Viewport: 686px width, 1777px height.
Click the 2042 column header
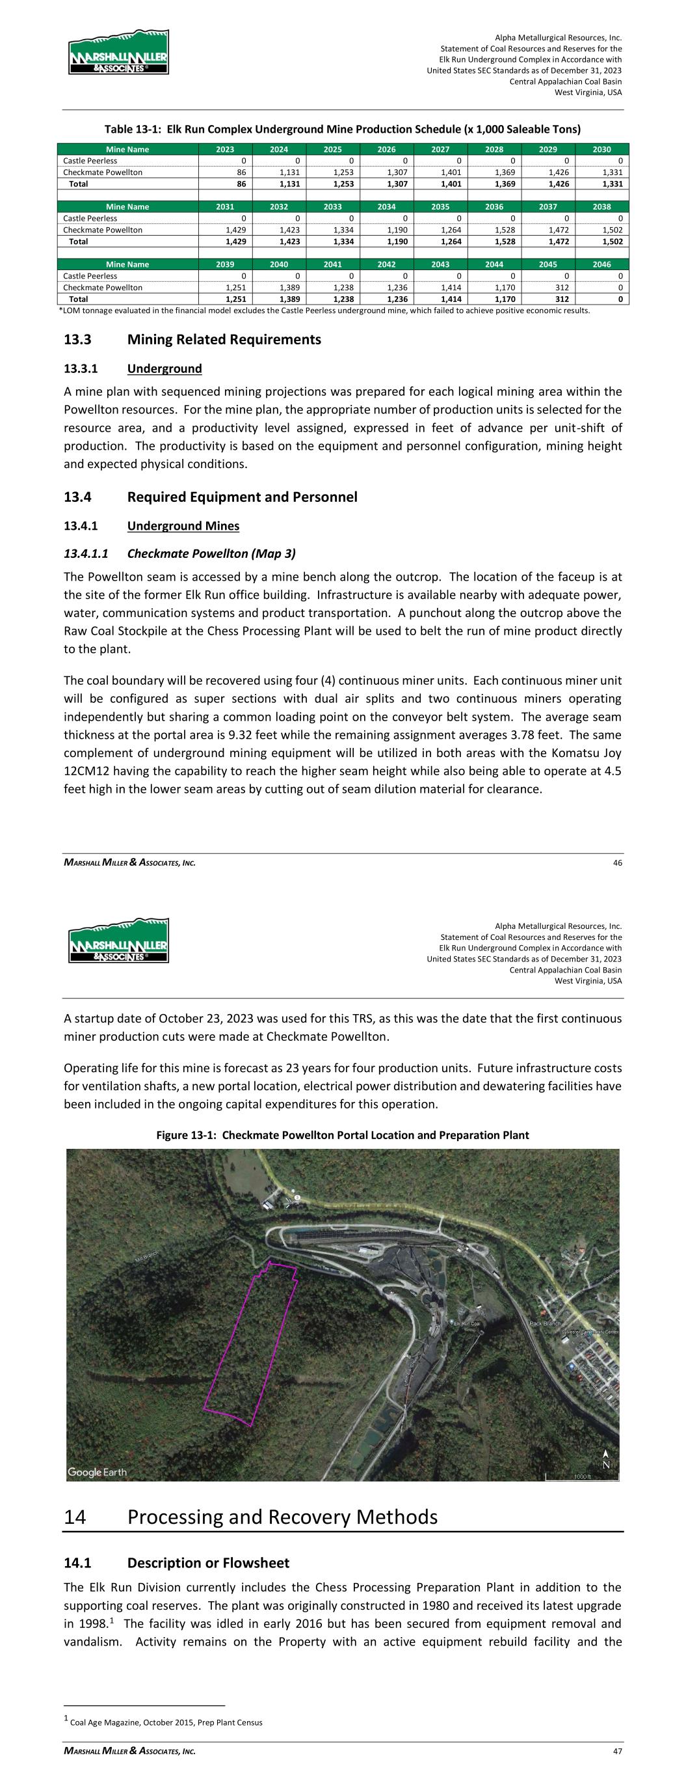click(386, 264)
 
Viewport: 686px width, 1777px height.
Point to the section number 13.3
click(79, 339)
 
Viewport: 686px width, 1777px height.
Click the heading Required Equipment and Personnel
click(242, 497)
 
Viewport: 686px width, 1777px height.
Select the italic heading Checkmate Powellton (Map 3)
click(212, 553)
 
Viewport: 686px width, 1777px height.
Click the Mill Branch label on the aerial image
click(148, 1259)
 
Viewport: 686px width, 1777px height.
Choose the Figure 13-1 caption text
click(343, 1135)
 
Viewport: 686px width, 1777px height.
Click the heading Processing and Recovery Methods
click(283, 1516)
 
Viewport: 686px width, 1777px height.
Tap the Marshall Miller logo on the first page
click(118, 53)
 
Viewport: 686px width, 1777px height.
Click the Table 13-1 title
click(342, 130)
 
